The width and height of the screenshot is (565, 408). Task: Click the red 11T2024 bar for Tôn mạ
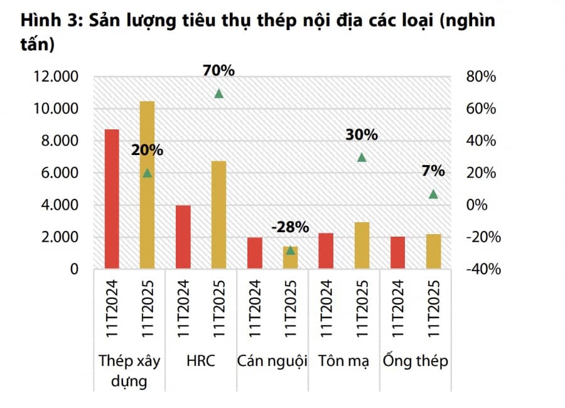326,251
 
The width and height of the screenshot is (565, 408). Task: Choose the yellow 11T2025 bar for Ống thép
433,252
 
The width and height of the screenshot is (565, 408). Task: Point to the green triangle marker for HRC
219,94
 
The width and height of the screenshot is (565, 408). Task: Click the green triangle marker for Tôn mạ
362,158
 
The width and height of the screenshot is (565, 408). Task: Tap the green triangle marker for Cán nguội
290,250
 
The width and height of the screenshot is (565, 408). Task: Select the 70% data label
218,71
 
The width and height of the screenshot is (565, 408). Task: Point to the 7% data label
433,171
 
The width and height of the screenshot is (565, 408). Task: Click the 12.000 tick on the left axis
55,77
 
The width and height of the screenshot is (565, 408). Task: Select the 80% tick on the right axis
482,77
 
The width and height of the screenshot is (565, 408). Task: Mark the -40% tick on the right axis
482,269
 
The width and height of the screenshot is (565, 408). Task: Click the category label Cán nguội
272,362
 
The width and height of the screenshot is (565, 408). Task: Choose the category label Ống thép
415,362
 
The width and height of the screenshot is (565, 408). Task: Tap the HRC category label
200,362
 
